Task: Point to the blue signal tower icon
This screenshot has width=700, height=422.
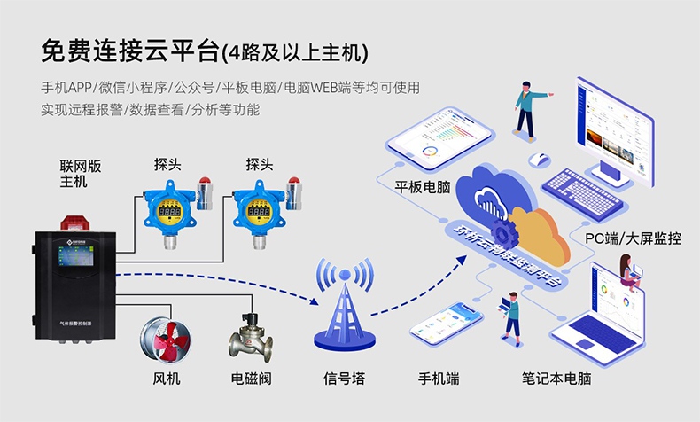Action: tap(343, 307)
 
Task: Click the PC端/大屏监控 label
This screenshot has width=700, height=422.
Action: tap(633, 238)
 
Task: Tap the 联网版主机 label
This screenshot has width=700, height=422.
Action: tap(74, 174)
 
